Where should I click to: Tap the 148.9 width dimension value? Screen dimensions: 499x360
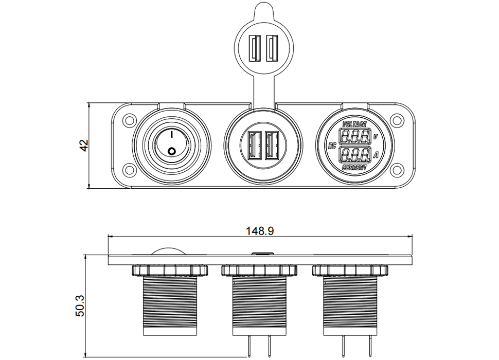click(260, 231)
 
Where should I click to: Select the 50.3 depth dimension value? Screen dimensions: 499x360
click(80, 305)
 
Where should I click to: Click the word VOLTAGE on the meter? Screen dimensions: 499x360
click(354, 124)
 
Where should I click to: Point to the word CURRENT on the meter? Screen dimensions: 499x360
click(354, 168)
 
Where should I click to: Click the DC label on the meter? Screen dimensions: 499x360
click(332, 146)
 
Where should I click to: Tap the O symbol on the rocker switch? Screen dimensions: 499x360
click(171, 151)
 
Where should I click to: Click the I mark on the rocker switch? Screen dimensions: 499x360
click(171, 135)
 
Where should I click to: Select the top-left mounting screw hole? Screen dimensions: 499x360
click(129, 120)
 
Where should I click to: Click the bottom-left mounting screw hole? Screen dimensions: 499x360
click(129, 169)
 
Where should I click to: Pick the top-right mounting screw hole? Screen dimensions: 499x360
click(396, 120)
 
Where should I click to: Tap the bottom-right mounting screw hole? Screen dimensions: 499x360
click(396, 169)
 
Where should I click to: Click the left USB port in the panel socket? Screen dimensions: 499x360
click(254, 146)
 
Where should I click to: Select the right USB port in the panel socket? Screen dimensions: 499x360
click(272, 146)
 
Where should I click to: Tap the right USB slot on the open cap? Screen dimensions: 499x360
click(272, 48)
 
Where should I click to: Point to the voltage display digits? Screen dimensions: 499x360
click(354, 136)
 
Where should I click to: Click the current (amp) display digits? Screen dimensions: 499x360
click(354, 155)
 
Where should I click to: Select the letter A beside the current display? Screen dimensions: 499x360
click(376, 155)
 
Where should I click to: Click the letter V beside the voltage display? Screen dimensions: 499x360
click(376, 137)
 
